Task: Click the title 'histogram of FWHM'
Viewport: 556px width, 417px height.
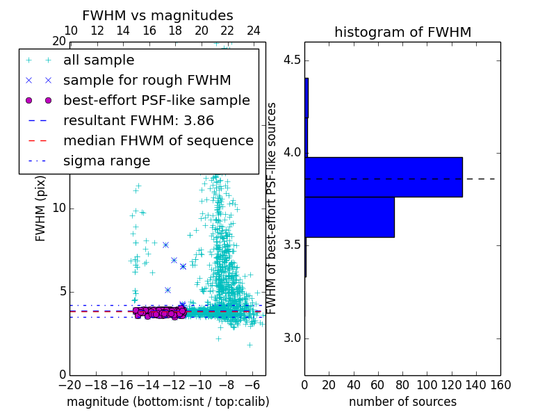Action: pyautogui.click(x=402, y=32)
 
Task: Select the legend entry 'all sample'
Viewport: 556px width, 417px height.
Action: pyautogui.click(x=99, y=60)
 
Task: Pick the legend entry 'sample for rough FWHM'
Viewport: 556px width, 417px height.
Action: pyautogui.click(x=147, y=80)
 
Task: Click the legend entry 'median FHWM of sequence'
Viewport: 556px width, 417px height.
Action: pyautogui.click(x=158, y=140)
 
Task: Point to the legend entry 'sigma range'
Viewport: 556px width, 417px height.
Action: pyautogui.click(x=106, y=161)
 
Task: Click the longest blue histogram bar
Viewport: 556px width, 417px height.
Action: pyautogui.click(x=384, y=177)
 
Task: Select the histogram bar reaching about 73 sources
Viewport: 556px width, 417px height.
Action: pyautogui.click(x=350, y=217)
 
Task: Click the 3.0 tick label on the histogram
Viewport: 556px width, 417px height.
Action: pyautogui.click(x=291, y=338)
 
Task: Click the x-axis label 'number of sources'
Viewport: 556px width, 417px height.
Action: pyautogui.click(x=402, y=402)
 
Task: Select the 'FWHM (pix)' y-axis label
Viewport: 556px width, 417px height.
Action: pyautogui.click(x=41, y=209)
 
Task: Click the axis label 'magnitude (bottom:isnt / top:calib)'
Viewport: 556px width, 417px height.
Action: pyautogui.click(x=167, y=402)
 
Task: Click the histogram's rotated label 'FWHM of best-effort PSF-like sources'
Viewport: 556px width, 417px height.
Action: pyautogui.click(x=272, y=208)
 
